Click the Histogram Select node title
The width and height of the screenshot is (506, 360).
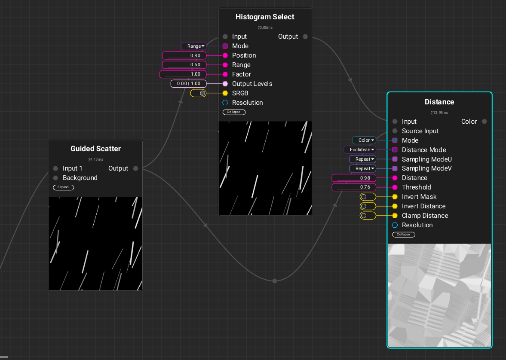[x=265, y=17]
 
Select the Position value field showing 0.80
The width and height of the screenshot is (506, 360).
[x=184, y=55]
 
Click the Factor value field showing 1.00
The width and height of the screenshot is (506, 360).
[x=183, y=74]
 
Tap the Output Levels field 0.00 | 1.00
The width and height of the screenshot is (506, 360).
[x=188, y=83]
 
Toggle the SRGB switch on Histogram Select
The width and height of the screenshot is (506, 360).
[x=198, y=93]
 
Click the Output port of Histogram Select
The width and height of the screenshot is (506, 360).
[x=305, y=37]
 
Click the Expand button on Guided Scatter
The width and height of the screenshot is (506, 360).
[x=63, y=187]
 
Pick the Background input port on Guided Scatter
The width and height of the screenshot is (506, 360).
[x=55, y=178]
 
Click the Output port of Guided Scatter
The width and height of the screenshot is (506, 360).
[x=135, y=168]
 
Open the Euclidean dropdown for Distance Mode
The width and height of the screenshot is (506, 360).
[x=360, y=149]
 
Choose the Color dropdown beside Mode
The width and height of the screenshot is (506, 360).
[x=364, y=140]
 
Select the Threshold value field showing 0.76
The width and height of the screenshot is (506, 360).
[x=354, y=187]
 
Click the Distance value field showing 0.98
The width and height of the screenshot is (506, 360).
[x=354, y=178]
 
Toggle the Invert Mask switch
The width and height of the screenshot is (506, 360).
[x=368, y=197]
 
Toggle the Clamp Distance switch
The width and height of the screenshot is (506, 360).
[x=368, y=216]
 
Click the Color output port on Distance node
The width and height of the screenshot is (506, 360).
[x=485, y=122]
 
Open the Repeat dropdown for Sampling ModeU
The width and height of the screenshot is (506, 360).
[x=363, y=159]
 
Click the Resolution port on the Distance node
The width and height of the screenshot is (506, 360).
[x=395, y=225]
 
